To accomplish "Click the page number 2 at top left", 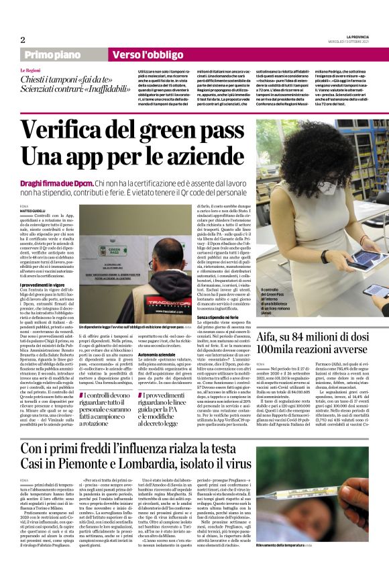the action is click(23, 40).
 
